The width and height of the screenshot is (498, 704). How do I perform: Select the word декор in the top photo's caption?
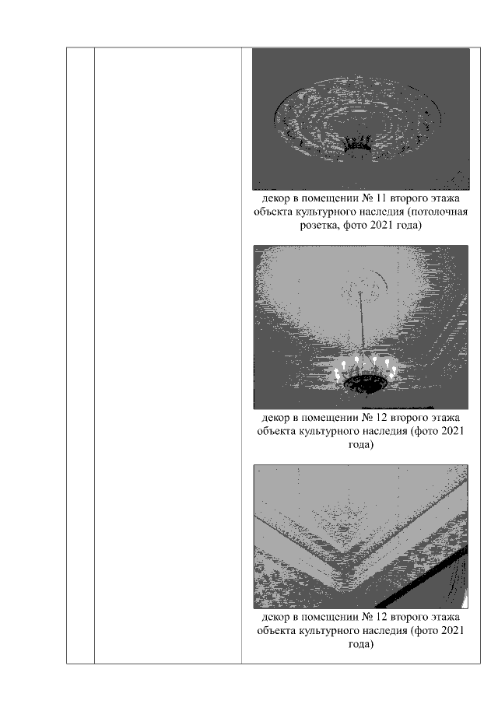point(275,198)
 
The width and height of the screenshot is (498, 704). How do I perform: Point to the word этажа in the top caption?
point(445,198)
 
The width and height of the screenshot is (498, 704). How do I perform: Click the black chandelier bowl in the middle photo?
point(366,385)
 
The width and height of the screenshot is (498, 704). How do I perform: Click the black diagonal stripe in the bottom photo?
point(420,580)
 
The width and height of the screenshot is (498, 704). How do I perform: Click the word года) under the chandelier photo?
point(360,445)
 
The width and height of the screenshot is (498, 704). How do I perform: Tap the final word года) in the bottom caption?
point(360,644)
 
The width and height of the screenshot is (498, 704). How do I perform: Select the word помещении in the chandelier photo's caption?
point(329,418)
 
